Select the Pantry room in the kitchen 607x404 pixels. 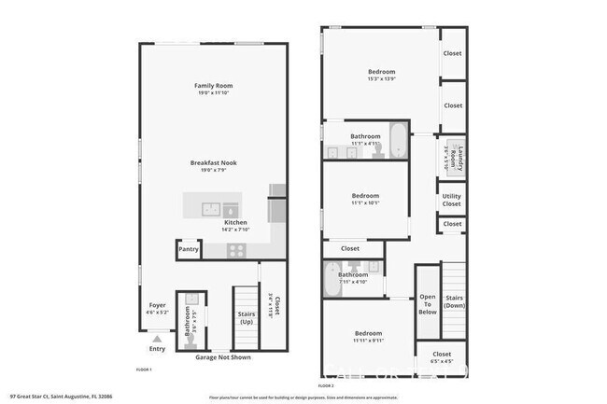tap(189, 249)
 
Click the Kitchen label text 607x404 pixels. tap(235, 223)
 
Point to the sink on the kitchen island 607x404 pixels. tap(211, 208)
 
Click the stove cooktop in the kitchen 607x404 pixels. tap(235, 250)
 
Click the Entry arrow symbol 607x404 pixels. tap(157, 339)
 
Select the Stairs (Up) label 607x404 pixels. tap(247, 318)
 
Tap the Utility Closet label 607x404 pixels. tap(452, 200)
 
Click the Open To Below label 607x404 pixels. tap(428, 304)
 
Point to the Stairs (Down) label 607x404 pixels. tap(455, 301)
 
